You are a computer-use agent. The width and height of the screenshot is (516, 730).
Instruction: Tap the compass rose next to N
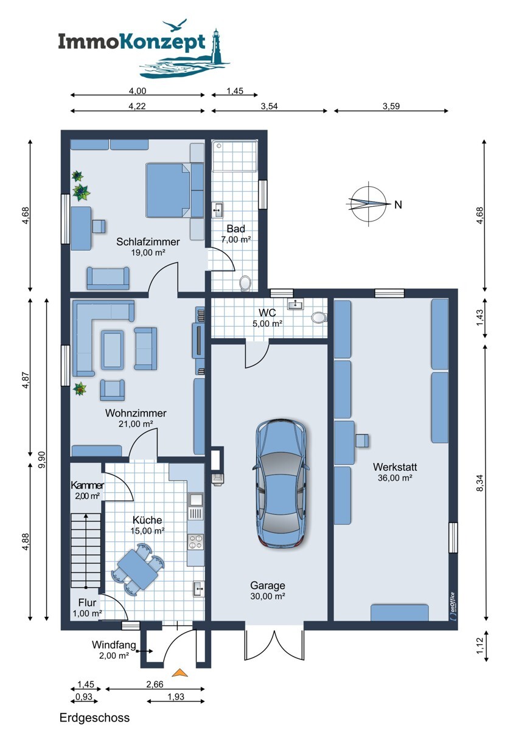click(x=368, y=204)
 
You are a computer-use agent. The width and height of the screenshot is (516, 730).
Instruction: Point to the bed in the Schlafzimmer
click(x=168, y=190)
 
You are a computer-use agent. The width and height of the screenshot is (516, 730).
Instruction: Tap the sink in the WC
click(x=295, y=304)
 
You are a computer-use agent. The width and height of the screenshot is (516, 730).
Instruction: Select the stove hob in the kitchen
click(x=195, y=542)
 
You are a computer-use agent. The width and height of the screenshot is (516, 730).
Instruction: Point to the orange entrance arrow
click(x=180, y=672)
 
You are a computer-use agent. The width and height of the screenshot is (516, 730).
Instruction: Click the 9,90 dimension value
click(x=42, y=460)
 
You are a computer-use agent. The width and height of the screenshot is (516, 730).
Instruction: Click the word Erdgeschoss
click(x=94, y=718)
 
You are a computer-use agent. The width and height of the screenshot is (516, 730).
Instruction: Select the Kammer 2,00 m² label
click(x=87, y=490)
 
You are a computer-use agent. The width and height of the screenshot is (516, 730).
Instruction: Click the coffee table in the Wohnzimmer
click(x=112, y=350)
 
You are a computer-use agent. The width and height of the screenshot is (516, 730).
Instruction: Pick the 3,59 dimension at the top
click(x=391, y=106)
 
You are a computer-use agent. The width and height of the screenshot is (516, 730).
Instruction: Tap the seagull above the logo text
click(x=175, y=25)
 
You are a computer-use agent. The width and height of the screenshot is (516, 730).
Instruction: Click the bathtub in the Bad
click(x=234, y=156)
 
